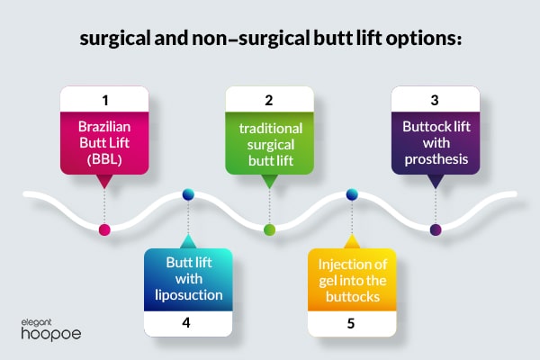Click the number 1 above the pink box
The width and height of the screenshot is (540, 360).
[105, 101]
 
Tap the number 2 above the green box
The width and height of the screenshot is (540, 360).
[269, 100]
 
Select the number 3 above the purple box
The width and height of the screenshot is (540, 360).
[435, 100]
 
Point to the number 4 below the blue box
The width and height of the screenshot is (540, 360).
[186, 322]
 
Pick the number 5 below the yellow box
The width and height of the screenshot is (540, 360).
[351, 323]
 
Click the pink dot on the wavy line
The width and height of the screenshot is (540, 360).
[104, 229]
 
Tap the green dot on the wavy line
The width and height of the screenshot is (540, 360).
[269, 229]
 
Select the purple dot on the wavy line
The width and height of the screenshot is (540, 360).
[436, 229]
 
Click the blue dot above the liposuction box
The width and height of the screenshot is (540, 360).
[188, 194]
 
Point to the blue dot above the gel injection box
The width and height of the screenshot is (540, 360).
[352, 194]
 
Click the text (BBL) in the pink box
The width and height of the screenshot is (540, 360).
[104, 159]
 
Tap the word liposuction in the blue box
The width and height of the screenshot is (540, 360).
[189, 295]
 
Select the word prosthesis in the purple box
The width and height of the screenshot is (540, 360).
[436, 159]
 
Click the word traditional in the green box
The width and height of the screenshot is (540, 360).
[271, 129]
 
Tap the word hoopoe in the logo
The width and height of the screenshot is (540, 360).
[51, 334]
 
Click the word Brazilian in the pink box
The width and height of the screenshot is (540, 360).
[104, 127]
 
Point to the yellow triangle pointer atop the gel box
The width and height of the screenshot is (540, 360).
[352, 242]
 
